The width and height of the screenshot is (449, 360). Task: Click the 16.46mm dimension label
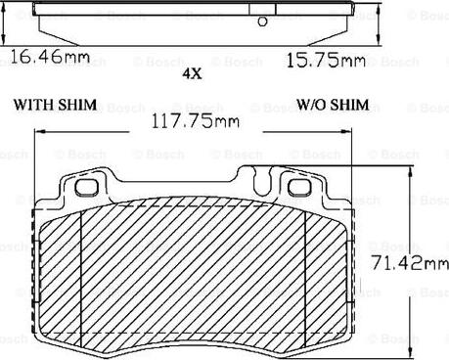tap(50, 57)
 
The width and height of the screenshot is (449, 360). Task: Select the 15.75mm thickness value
tap(326, 61)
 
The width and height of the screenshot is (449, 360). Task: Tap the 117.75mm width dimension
tap(196, 121)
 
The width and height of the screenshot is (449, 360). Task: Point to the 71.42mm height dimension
tap(410, 262)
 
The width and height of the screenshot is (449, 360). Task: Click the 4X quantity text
tap(192, 74)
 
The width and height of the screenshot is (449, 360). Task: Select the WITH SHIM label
tap(55, 105)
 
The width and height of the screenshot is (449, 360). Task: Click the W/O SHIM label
tap(333, 105)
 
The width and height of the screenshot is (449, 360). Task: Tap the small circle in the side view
tap(262, 22)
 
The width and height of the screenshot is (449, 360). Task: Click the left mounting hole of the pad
tap(86, 188)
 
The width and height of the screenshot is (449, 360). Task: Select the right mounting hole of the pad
tap(299, 188)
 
